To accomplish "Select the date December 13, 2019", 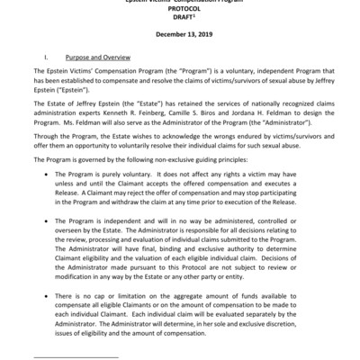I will (179, 37).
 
